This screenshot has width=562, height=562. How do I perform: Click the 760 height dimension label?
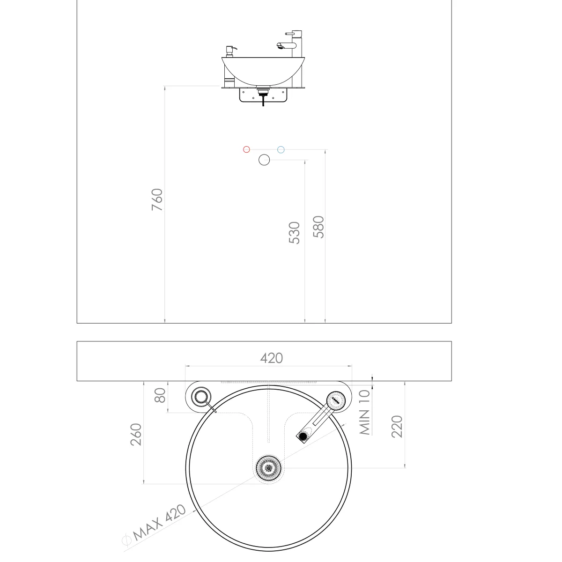tap(157, 200)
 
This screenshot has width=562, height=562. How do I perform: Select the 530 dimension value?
tap(294, 233)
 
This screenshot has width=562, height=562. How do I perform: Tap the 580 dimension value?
tap(318, 227)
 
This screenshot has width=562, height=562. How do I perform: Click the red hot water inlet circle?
tap(246, 149)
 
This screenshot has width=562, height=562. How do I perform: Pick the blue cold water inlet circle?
tap(281, 149)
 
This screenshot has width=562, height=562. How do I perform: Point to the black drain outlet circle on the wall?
tap(264, 160)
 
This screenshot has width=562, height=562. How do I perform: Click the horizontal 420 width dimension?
tap(272, 358)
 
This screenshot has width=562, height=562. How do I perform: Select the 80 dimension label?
tap(160, 395)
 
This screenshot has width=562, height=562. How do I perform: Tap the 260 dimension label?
tap(136, 435)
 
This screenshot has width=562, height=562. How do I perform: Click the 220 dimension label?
tap(397, 426)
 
